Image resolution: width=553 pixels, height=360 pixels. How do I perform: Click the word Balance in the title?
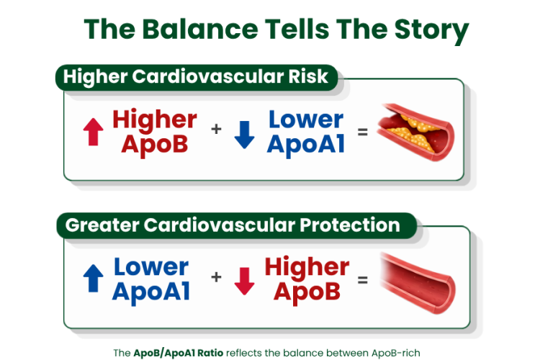coord(200,29)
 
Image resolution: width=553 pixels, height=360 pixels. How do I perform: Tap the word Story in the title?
coord(431,31)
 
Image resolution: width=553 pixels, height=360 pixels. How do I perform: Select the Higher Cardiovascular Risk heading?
coord(196,77)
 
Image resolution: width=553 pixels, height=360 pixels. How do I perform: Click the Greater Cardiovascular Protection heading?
coord(233,225)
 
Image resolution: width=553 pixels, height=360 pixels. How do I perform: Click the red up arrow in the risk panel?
coord(93,132)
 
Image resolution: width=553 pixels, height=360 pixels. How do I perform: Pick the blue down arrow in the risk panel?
coord(244,135)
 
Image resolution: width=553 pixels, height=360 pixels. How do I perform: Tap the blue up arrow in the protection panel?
coord(93,278)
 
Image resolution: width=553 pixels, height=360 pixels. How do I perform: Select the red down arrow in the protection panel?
coord(244,281)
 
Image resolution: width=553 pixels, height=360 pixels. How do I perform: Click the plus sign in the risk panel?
coord(216,129)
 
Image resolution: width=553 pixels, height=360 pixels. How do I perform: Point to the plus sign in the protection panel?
coord(216,277)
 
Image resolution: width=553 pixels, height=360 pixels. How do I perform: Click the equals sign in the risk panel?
coord(363,132)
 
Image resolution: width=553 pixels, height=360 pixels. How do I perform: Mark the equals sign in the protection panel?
coord(363,280)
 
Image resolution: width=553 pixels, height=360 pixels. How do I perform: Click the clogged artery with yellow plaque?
coord(416,132)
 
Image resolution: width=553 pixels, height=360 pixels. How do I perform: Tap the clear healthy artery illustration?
coord(418,283)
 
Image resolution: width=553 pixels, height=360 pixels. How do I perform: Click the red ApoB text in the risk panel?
coord(155,145)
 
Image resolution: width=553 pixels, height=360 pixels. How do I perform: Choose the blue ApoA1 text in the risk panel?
coord(306,145)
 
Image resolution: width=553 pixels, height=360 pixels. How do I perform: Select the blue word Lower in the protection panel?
coord(151,267)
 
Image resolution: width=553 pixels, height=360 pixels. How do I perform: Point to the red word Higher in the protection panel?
coord(307,268)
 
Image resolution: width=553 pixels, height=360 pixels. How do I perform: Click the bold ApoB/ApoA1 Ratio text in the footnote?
coord(178,353)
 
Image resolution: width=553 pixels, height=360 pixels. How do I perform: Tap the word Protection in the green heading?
coord(350,225)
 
